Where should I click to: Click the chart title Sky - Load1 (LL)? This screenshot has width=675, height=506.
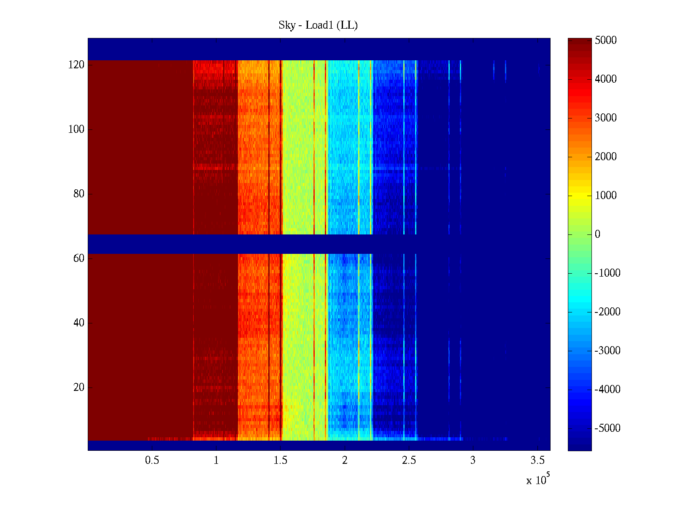tap(318, 25)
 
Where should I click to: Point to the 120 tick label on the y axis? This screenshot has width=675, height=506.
tap(76, 65)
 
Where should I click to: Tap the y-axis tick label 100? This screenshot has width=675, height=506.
tap(76, 129)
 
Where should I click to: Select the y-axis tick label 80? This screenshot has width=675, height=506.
tap(78, 194)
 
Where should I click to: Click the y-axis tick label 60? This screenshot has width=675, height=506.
tap(78, 258)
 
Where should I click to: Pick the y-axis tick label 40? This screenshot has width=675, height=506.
tap(78, 323)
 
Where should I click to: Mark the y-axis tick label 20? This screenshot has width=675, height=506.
tap(78, 388)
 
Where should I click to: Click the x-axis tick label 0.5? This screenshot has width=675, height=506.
tap(152, 460)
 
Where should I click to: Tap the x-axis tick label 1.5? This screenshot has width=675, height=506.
tap(281, 460)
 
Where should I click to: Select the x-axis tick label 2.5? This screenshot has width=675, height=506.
tap(409, 460)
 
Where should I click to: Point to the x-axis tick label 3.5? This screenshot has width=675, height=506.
tap(537, 460)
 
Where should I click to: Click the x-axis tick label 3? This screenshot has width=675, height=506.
tap(473, 460)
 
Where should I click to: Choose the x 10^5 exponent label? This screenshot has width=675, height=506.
tap(538, 479)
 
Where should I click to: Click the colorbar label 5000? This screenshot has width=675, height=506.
tap(605, 40)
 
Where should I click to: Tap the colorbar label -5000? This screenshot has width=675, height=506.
tap(607, 428)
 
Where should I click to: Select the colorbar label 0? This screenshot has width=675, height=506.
tap(597, 234)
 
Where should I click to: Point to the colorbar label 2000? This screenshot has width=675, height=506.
tap(605, 157)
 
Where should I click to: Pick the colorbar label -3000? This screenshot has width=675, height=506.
tap(607, 351)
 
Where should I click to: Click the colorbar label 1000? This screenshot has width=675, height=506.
tap(605, 196)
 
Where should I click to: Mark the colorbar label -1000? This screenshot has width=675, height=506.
tap(607, 273)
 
